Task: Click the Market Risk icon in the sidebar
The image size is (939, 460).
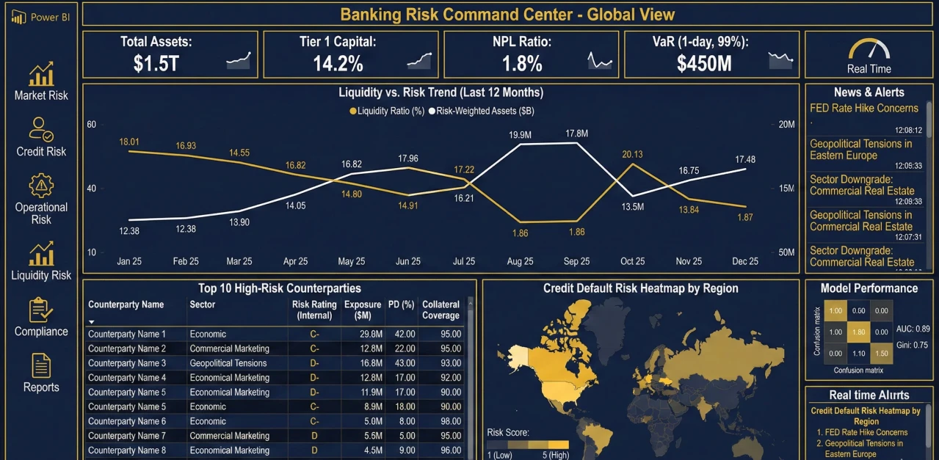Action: coord(41,73)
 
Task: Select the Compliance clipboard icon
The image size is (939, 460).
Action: coord(41,310)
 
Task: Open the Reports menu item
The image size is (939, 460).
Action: coord(41,387)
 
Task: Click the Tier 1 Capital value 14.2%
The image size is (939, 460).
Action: coord(338,64)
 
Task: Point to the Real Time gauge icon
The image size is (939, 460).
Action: coord(869,49)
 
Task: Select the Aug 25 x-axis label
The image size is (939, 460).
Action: coord(520,261)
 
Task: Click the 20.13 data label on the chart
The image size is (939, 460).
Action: coord(632,154)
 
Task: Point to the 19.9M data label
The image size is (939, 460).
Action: coord(520,135)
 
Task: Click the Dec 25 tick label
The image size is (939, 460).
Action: coord(744,261)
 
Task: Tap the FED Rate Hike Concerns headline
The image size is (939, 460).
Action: coord(864,109)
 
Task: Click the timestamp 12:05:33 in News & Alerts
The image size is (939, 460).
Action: coord(908,166)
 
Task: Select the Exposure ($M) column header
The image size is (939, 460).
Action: coord(363,310)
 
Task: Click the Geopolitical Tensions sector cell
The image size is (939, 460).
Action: coord(228,363)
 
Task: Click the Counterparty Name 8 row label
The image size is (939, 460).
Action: coord(127,450)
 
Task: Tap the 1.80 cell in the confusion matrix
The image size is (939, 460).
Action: coord(858,332)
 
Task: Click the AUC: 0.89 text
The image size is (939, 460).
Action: coord(913,329)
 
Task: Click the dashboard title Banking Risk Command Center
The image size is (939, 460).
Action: coord(507,15)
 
